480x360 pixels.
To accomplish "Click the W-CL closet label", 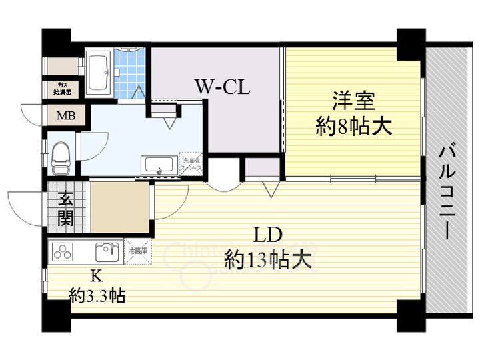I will (x=222, y=87).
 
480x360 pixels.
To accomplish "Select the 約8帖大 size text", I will (x=353, y=127).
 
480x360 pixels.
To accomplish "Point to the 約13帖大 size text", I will (x=268, y=259).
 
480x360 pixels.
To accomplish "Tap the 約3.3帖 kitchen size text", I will (x=97, y=294).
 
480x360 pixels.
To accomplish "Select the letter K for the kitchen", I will (x=96, y=274).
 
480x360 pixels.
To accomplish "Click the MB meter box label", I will (x=65, y=116).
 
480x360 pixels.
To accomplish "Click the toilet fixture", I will (x=61, y=155).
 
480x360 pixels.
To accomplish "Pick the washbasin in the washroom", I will (x=159, y=165).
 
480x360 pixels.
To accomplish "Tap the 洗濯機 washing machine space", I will (x=191, y=163).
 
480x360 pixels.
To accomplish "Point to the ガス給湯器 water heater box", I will (x=65, y=88).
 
